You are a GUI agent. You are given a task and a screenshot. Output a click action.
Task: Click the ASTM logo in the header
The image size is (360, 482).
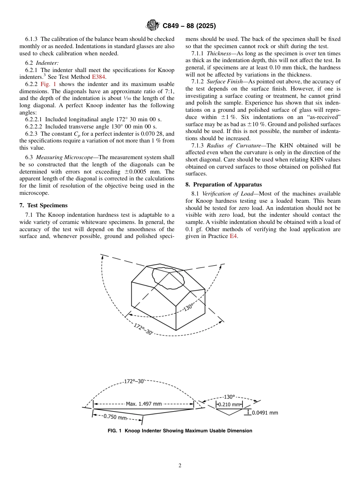(x=153, y=26)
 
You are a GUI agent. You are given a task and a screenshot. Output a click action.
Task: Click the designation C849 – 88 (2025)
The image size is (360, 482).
(x=189, y=26)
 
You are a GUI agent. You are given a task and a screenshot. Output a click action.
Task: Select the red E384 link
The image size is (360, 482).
(x=99, y=77)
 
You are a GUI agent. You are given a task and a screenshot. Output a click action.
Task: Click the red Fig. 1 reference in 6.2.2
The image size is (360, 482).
(x=48, y=84)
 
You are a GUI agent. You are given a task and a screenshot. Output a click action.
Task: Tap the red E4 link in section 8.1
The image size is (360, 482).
(x=234, y=236)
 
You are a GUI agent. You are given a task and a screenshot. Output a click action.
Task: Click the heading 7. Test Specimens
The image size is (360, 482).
(x=44, y=205)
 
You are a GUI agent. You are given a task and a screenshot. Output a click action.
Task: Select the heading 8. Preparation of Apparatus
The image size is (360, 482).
(x=224, y=185)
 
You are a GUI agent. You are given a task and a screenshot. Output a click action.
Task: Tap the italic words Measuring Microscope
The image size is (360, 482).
(x=66, y=157)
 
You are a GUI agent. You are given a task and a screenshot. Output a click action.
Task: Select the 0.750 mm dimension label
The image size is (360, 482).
(x=115, y=417)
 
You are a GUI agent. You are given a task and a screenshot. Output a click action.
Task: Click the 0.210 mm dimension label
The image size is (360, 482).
(x=229, y=404)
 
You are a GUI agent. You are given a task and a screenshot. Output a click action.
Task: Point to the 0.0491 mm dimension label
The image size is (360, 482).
(x=265, y=413)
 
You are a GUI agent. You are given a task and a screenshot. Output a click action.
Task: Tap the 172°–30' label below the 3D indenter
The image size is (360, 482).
(x=143, y=329)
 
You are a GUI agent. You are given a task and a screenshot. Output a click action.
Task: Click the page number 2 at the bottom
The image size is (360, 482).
(x=180, y=466)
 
